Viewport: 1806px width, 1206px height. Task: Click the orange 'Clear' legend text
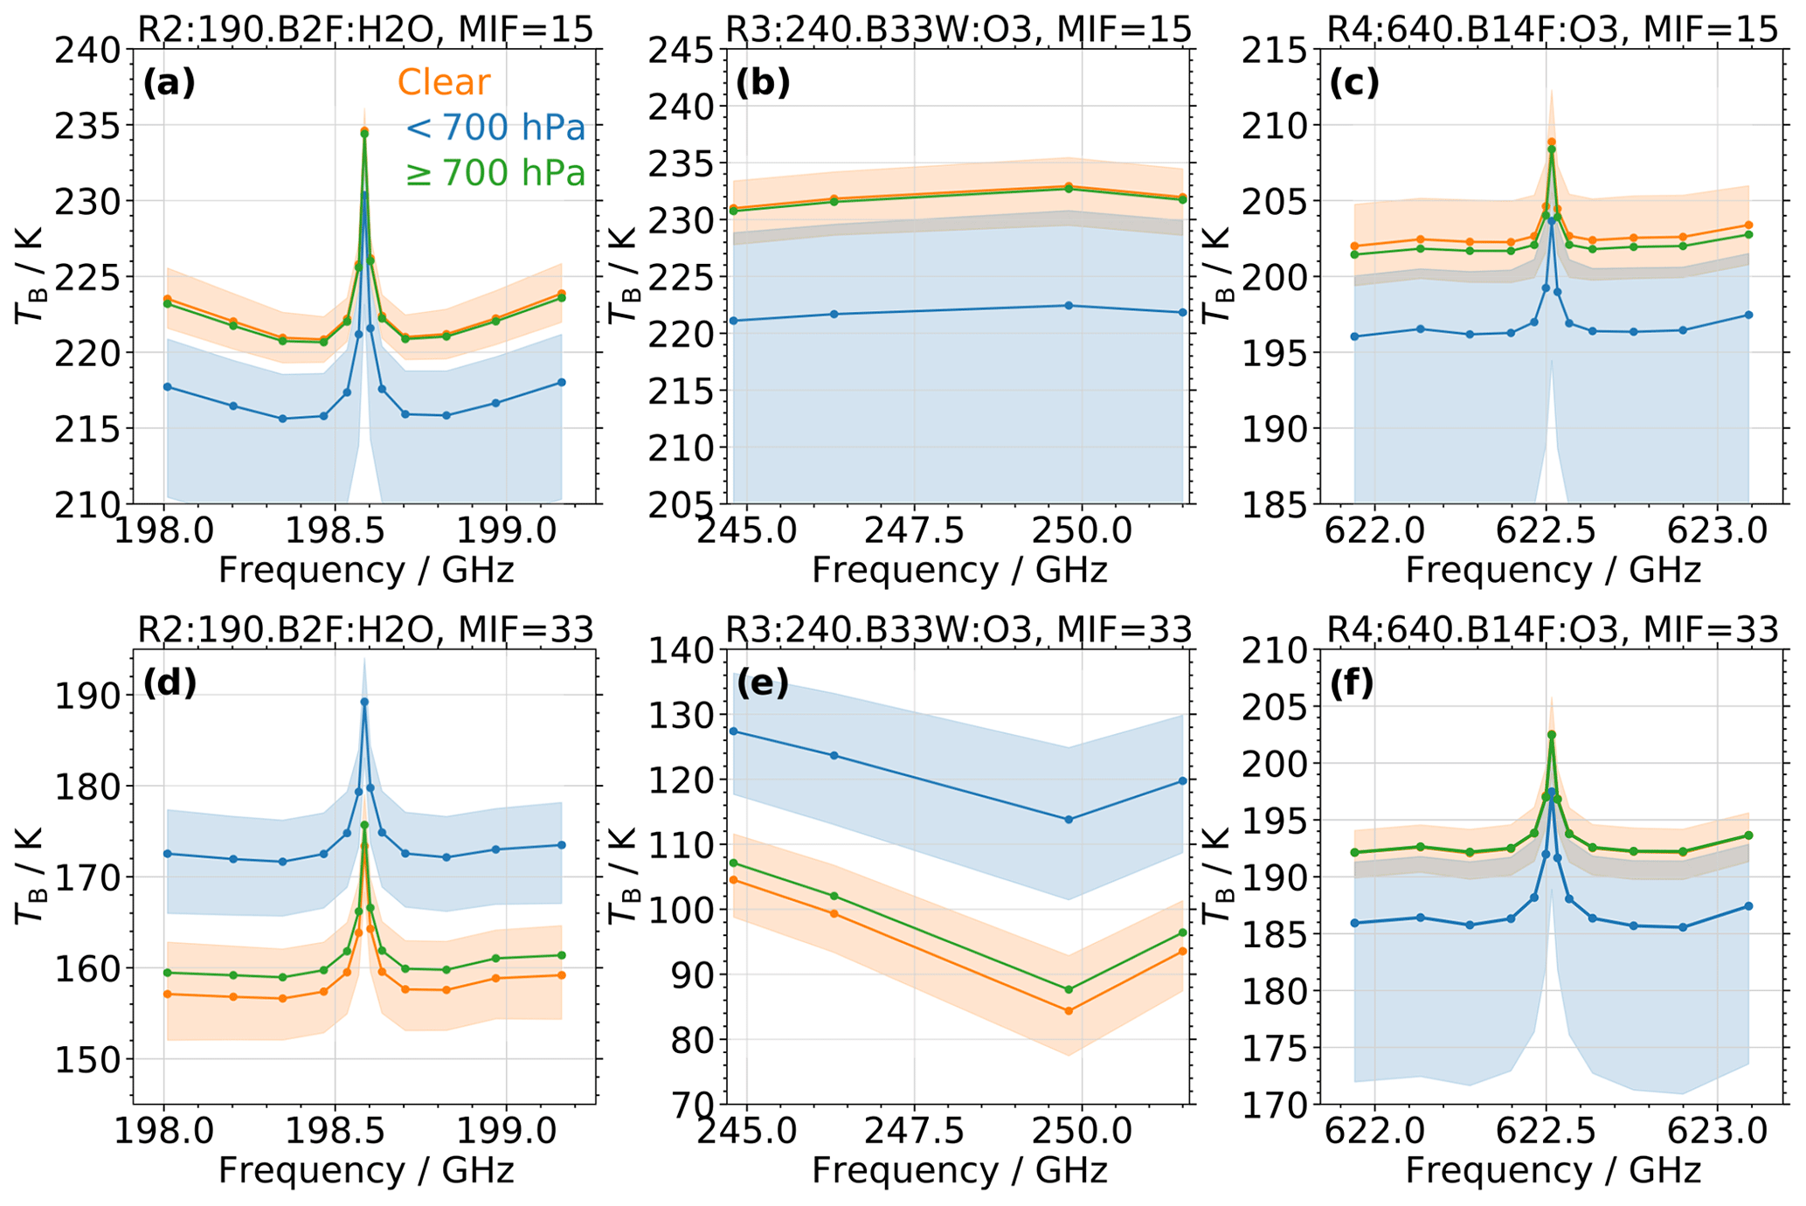[444, 82]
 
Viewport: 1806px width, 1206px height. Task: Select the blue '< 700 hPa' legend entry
[495, 128]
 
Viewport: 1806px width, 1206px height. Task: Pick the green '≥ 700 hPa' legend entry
[495, 174]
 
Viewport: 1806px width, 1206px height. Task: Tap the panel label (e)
[763, 683]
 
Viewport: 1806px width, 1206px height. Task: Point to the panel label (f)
[1352, 683]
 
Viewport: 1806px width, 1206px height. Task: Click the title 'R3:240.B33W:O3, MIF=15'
[958, 30]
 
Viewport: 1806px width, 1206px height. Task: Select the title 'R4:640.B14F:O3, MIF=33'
[1552, 629]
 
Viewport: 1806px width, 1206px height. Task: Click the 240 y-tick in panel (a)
[87, 50]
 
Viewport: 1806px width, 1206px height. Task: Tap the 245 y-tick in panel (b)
[681, 50]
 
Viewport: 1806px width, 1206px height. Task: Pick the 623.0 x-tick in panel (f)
[1719, 1131]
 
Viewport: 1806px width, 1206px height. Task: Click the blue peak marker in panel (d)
[364, 702]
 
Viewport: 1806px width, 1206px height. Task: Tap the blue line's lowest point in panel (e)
[1069, 820]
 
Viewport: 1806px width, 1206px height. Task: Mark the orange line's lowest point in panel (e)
[1069, 1011]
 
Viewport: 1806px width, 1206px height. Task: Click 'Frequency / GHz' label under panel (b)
[958, 571]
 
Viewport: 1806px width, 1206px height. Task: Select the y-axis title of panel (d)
[30, 877]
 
